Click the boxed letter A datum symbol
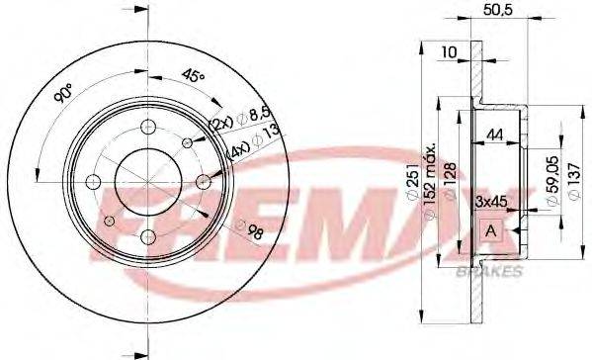(490, 229)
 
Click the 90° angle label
(63, 96)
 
